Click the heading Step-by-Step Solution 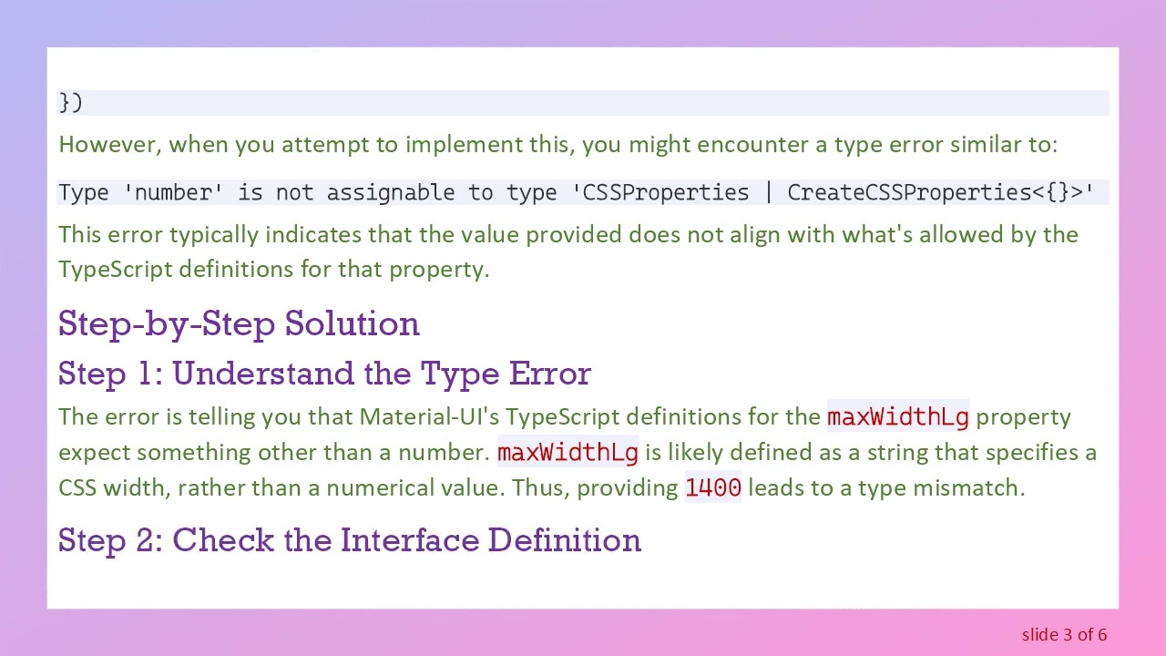(x=239, y=323)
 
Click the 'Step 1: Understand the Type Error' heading (x=324, y=374)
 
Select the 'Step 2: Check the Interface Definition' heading (x=350, y=540)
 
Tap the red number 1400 (x=713, y=487)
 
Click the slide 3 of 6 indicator (x=1064, y=634)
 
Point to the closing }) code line (x=70, y=102)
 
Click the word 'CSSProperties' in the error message (x=666, y=192)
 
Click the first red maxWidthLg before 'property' (x=897, y=417)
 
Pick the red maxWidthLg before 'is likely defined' (x=568, y=452)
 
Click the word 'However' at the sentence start (x=107, y=144)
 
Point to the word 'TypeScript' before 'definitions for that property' (x=115, y=269)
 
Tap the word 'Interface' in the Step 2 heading (x=410, y=540)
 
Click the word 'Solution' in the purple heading (x=352, y=323)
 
